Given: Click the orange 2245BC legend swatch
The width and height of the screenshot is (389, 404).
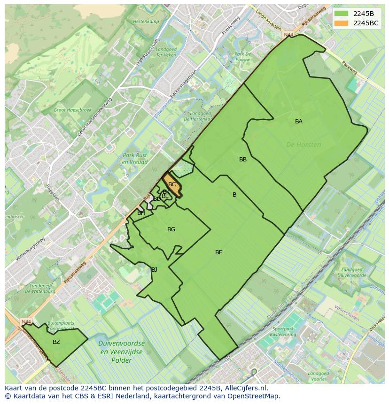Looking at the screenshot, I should pyautogui.click(x=342, y=23).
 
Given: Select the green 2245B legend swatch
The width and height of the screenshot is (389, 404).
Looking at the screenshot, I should pyautogui.click(x=342, y=14).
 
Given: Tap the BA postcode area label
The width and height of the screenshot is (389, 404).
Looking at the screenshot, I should pyautogui.click(x=299, y=122).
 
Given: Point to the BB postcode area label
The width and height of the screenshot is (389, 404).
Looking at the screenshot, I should pyautogui.click(x=243, y=160).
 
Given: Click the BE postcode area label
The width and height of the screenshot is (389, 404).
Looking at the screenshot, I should pyautogui.click(x=219, y=252).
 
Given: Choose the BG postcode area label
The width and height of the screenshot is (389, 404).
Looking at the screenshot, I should pyautogui.click(x=171, y=229).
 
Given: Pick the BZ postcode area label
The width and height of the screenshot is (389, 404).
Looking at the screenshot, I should pyautogui.click(x=56, y=342).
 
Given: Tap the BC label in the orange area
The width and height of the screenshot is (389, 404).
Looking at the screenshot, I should pyautogui.click(x=172, y=184).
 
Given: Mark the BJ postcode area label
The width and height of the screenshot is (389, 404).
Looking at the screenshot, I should pyautogui.click(x=154, y=269).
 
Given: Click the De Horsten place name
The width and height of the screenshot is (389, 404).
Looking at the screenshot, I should pyautogui.click(x=303, y=145).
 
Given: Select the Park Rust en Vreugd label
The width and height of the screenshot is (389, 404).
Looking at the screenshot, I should pyautogui.click(x=135, y=159).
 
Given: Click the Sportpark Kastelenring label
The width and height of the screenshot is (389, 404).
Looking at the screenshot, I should pyautogui.click(x=284, y=332).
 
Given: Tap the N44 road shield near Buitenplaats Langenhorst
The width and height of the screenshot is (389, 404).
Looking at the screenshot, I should pyautogui.click(x=26, y=322).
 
